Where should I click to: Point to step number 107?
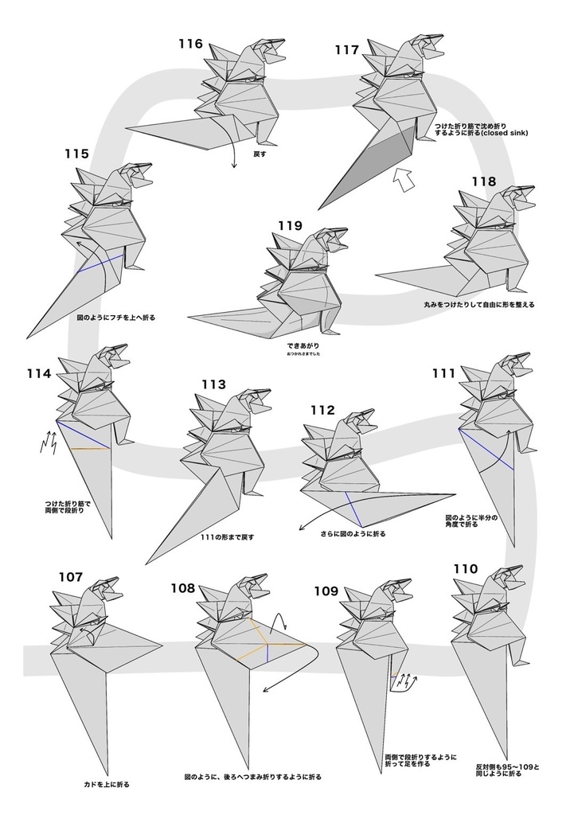click(70, 577)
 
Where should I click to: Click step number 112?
click(322, 410)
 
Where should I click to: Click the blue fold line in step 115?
click(100, 263)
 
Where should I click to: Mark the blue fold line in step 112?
click(353, 505)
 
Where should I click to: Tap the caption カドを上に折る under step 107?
click(107, 784)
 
